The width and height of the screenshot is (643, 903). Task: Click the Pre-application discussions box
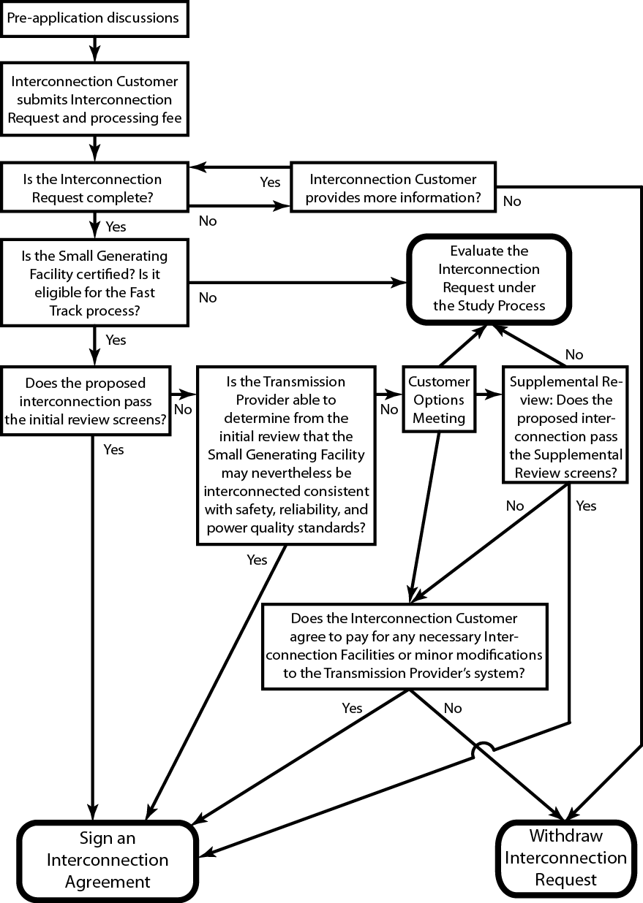click(x=94, y=19)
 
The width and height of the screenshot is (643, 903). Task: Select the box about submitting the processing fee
click(x=94, y=99)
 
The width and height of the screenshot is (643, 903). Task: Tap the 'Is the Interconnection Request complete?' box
click(x=94, y=188)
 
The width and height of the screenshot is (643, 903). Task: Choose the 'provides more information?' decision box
click(x=393, y=188)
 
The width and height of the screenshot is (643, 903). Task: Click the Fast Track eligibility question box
click(x=94, y=283)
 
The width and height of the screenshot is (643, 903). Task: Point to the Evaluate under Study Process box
click(x=489, y=278)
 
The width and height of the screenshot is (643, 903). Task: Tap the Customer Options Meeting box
click(x=439, y=400)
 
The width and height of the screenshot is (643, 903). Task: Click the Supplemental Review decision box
click(x=565, y=427)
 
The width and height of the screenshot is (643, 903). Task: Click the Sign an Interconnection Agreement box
click(x=108, y=859)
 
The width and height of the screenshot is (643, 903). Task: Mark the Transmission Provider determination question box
click(x=287, y=455)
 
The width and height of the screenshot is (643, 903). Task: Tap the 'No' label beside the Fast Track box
click(x=208, y=297)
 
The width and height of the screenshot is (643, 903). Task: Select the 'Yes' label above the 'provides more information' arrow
click(x=271, y=182)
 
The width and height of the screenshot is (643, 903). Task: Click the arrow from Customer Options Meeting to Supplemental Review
click(x=487, y=396)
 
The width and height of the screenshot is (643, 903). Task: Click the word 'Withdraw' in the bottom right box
click(x=565, y=835)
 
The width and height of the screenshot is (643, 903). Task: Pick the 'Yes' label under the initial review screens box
click(x=113, y=449)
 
